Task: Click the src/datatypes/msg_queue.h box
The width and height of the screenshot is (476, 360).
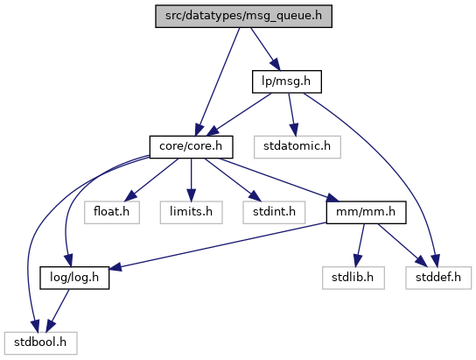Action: pyautogui.click(x=243, y=16)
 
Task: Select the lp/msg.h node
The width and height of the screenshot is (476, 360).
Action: pyautogui.click(x=287, y=81)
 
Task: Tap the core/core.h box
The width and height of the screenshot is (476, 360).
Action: pyautogui.click(x=192, y=147)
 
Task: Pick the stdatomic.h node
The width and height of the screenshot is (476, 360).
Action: pyautogui.click(x=297, y=147)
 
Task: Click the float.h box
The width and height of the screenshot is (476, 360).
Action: pyautogui.click(x=112, y=212)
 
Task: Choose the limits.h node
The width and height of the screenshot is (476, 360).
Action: pyautogui.click(x=192, y=212)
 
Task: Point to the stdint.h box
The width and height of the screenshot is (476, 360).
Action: pyautogui.click(x=274, y=212)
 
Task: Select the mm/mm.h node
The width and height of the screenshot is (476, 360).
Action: pyautogui.click(x=366, y=212)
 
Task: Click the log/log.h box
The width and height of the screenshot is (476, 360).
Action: pyautogui.click(x=74, y=278)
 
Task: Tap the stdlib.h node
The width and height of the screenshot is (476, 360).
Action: pyautogui.click(x=353, y=278)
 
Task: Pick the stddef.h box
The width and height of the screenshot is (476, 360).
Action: pyautogui.click(x=438, y=278)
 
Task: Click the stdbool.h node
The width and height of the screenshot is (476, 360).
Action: pyautogui.click(x=40, y=343)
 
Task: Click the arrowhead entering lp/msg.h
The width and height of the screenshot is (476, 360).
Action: pyautogui.click(x=275, y=65)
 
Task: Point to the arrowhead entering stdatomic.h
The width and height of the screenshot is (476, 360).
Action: pyautogui.click(x=294, y=130)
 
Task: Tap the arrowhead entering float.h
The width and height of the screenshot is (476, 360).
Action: pyautogui.click(x=130, y=196)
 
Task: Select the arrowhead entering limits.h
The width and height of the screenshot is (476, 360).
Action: pyautogui.click(x=192, y=195)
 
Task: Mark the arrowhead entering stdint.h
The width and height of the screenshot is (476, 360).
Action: pyautogui.click(x=255, y=196)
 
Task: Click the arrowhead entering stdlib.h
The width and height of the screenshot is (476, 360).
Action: pyautogui.click(x=358, y=261)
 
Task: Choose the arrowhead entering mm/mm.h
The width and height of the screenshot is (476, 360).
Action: pyautogui.click(x=332, y=199)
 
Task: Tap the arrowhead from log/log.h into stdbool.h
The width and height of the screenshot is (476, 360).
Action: pyautogui.click(x=51, y=327)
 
